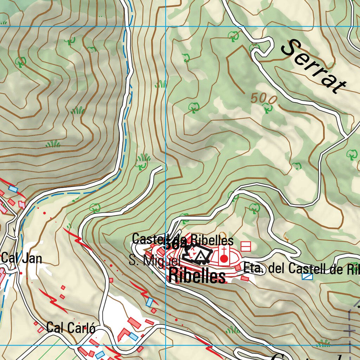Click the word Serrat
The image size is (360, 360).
[314, 67]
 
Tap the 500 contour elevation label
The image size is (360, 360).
[264, 99]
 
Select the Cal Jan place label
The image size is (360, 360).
[22, 258]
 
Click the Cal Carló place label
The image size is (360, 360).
[71, 328]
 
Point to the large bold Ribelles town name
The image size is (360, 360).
[197, 276]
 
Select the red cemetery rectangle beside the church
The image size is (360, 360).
[245, 246]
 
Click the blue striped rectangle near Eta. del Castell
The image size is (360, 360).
[307, 277]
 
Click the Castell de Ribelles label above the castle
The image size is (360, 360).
[182, 240]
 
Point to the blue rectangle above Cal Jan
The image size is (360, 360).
[13, 189]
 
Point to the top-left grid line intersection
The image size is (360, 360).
[166, 26]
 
